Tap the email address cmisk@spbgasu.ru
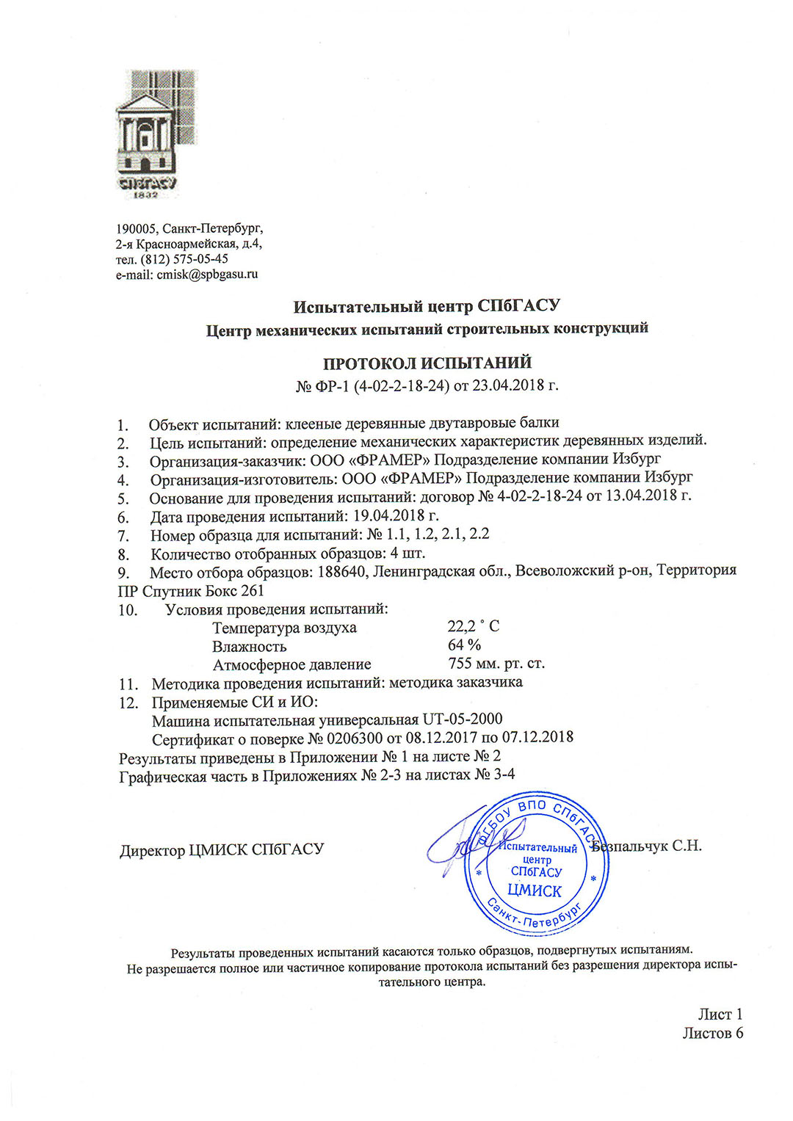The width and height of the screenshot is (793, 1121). point(207,275)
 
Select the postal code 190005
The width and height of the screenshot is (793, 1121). point(136,228)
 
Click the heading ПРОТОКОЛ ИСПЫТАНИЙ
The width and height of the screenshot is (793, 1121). point(427,363)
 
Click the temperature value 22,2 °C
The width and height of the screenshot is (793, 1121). point(473,626)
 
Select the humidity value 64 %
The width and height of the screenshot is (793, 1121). point(464,645)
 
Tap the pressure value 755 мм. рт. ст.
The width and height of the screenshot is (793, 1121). point(496,664)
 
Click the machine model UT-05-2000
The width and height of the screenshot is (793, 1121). point(463,719)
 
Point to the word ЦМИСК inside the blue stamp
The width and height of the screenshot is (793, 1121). point(535,891)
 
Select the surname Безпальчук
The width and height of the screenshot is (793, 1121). point(630,846)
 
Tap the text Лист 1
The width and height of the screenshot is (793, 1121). point(720,1015)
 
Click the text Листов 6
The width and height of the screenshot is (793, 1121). point(712,1033)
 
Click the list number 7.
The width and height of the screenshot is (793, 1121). point(123,536)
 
